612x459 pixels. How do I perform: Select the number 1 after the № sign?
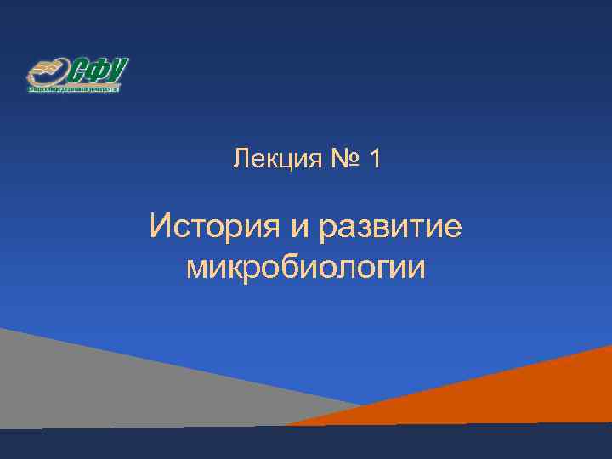tap(375, 158)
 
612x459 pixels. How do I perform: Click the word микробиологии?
tap(305, 268)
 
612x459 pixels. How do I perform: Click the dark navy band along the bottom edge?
tap(306, 444)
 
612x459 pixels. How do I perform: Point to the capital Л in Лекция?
tap(240, 158)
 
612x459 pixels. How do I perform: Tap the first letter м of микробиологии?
tap(196, 268)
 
